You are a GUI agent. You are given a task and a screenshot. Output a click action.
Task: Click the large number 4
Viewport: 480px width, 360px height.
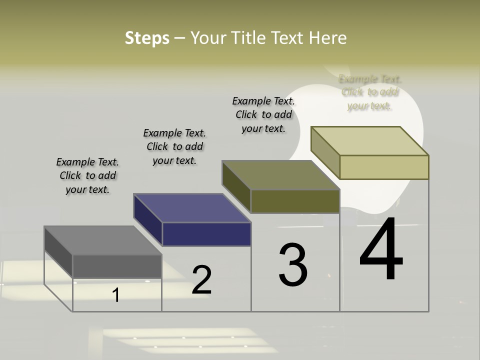point(381,250)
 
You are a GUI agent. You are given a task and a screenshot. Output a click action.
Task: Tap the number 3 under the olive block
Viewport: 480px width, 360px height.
point(293,265)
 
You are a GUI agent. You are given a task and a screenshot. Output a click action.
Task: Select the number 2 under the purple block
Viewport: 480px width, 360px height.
point(202,280)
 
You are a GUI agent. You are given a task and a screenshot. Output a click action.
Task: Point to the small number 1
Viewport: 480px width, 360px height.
point(116,295)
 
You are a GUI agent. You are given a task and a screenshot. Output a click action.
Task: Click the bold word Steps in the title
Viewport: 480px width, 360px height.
point(147,38)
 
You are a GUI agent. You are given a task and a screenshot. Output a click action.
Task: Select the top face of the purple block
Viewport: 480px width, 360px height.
point(192,208)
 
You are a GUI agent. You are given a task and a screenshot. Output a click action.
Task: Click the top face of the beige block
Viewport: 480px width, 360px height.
point(370,141)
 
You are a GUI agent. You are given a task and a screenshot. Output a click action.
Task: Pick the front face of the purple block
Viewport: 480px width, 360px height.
point(206,234)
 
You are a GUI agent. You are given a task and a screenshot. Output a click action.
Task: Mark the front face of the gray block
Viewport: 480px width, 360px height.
point(117,266)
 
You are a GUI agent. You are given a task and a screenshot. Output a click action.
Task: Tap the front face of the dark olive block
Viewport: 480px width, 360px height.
point(295,201)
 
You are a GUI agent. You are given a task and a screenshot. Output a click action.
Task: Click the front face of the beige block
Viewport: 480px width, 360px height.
point(384,167)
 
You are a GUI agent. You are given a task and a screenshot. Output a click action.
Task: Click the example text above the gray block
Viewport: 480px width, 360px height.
point(87,175)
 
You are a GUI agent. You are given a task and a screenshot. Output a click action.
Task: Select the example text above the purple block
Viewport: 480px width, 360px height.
point(174,146)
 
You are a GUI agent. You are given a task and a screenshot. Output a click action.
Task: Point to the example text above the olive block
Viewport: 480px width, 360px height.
point(263,114)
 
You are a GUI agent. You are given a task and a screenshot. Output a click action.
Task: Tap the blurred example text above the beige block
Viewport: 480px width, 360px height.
point(370,92)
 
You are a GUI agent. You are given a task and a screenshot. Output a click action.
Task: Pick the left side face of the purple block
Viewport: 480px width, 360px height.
point(148,219)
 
